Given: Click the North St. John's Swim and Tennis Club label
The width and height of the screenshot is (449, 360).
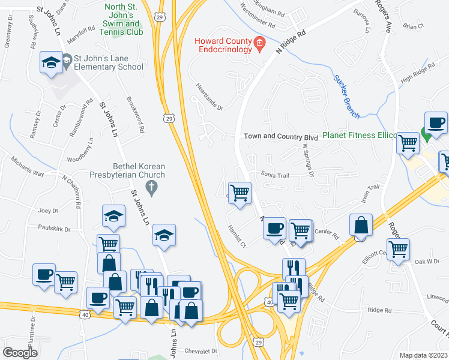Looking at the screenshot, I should pos(124,19).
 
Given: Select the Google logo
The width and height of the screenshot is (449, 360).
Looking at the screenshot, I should pos(20,352).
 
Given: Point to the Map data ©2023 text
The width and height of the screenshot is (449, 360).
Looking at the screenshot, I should pos(424,355).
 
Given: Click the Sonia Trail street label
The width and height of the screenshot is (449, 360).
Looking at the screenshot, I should pos(275,175).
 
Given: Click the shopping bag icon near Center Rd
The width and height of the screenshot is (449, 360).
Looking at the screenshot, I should pos(361,226).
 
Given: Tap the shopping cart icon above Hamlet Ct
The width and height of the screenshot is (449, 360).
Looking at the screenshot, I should pos(240,193).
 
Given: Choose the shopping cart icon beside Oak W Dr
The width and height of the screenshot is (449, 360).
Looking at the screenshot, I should pos(398,249).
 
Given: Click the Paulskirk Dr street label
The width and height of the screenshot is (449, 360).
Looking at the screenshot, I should pos(54,229).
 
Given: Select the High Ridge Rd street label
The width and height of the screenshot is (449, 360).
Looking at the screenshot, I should pos(418,74).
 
